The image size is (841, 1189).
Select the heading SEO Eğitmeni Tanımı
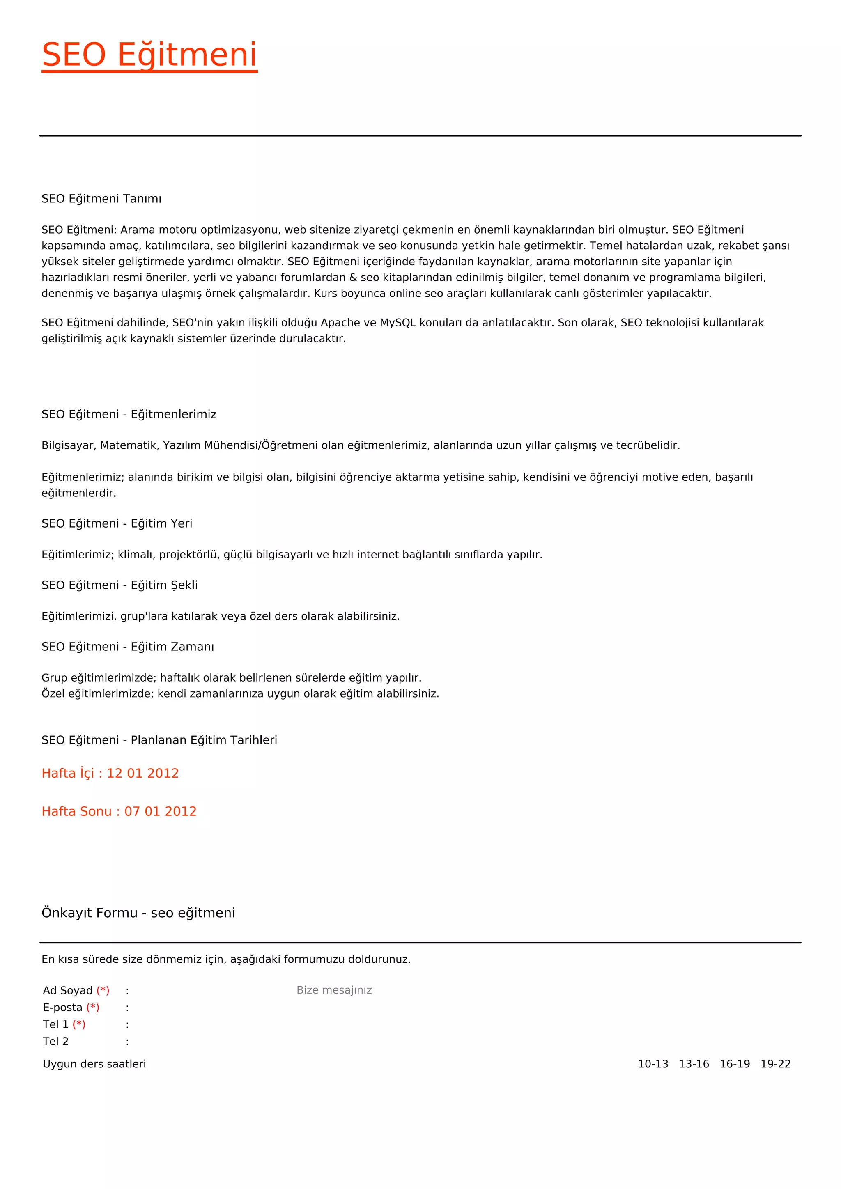pyautogui.click(x=101, y=199)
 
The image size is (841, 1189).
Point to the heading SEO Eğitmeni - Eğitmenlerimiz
pyautogui.click(x=129, y=414)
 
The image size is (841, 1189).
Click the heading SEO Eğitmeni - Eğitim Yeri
pyautogui.click(x=117, y=523)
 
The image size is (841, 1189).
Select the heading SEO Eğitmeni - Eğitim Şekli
pyautogui.click(x=119, y=585)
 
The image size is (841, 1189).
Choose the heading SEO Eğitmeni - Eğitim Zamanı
pyautogui.click(x=127, y=647)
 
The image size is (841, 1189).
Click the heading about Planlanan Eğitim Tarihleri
pyautogui.click(x=159, y=740)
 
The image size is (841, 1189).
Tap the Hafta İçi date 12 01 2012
pyautogui.click(x=142, y=773)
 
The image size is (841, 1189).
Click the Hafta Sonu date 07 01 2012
pyautogui.click(x=160, y=811)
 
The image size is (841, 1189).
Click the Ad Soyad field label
pyautogui.click(x=68, y=991)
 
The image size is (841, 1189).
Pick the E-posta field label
pyautogui.click(x=63, y=1008)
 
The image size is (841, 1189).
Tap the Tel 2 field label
pyautogui.click(x=56, y=1042)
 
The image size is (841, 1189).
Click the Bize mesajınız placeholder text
pyautogui.click(x=334, y=990)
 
